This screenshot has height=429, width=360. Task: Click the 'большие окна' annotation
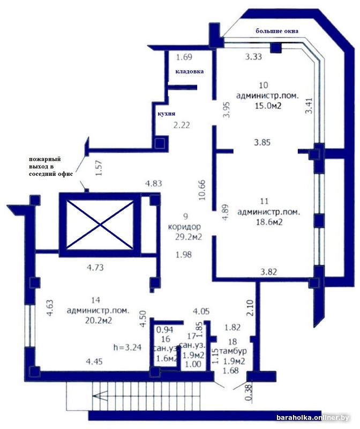[276, 31]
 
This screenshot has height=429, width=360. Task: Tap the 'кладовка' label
[190, 71]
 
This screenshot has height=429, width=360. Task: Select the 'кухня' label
[167, 114]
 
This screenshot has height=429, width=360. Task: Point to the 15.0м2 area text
[268, 106]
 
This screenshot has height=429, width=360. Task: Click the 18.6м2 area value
[269, 222]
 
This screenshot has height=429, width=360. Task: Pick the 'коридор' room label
[184, 226]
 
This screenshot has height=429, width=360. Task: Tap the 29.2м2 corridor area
[189, 236]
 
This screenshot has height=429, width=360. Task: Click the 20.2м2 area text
[99, 320]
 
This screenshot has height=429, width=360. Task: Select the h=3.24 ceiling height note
[127, 347]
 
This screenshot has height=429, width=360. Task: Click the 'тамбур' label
[233, 351]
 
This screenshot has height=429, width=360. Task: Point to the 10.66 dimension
[202, 190]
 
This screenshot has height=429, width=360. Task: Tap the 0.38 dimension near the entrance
[248, 393]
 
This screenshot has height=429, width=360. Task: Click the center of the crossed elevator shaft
[100, 225]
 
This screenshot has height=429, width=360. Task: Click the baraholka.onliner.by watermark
[313, 418]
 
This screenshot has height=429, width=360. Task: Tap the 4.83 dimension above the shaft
[154, 183]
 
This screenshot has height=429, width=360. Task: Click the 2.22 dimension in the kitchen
[182, 125]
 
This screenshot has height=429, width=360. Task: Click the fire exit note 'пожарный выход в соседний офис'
[51, 166]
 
